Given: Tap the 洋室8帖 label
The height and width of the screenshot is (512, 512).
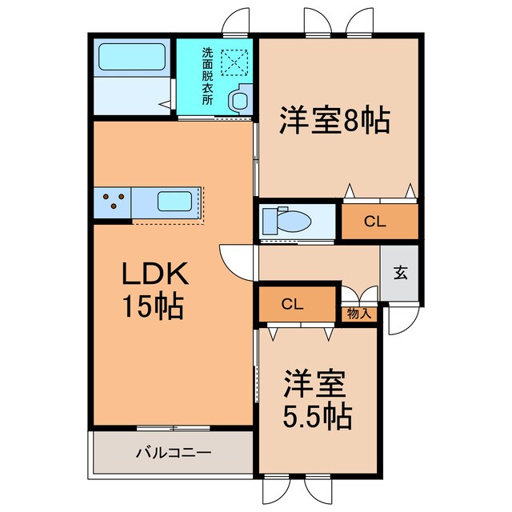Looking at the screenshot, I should pyautogui.click(x=334, y=121).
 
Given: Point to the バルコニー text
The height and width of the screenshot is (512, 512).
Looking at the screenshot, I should pyautogui.click(x=173, y=453).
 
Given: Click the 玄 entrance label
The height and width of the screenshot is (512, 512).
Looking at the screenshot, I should pyautogui.click(x=400, y=272).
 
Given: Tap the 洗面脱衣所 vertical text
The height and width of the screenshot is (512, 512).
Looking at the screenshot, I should pyautogui.click(x=207, y=77).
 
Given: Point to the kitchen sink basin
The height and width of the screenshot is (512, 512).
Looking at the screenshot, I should pyautogui.click(x=173, y=200).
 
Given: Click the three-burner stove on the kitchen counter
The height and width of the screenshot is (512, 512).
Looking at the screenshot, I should pyautogui.click(x=114, y=200).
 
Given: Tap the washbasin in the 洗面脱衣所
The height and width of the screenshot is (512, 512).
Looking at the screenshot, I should pyautogui.click(x=238, y=99).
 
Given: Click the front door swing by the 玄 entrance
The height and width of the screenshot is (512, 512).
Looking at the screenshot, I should pyautogui.click(x=396, y=320).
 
